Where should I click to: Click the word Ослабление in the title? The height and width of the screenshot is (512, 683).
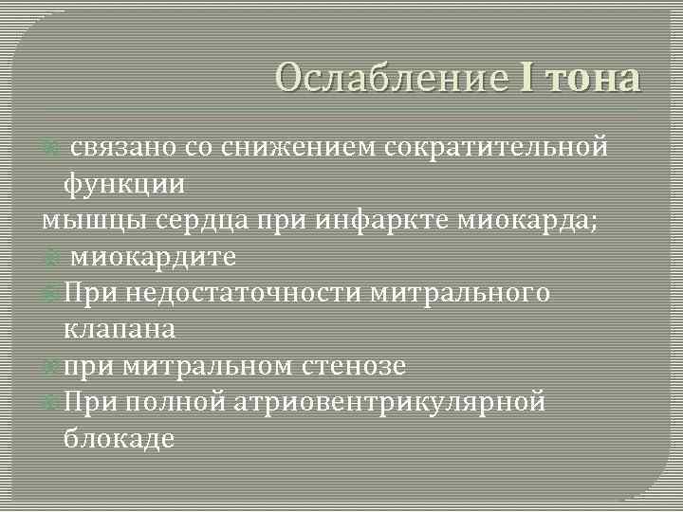392,78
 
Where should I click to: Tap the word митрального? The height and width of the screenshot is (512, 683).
460,293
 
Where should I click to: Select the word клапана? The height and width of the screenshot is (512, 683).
120,330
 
